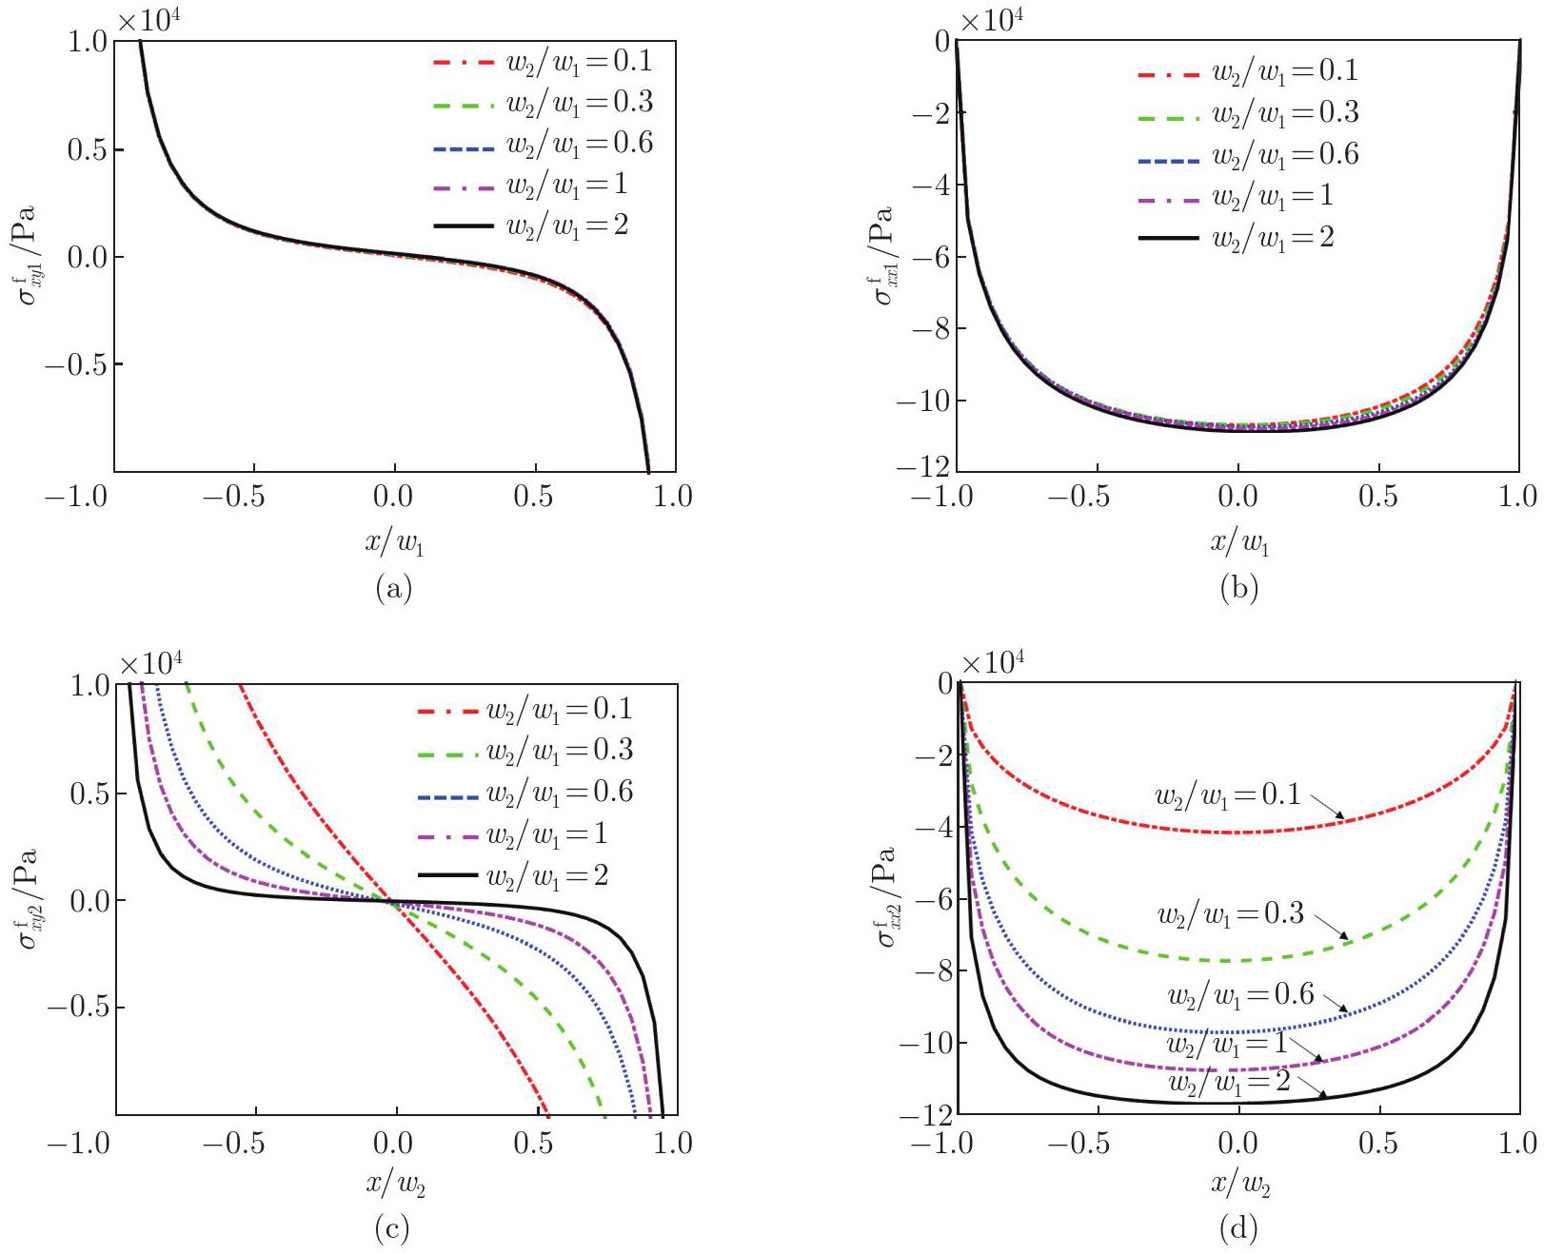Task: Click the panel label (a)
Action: [x=394, y=588]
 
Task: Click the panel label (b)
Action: [x=1238, y=588]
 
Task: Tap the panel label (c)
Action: [x=392, y=1229]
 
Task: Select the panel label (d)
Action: [x=1238, y=1229]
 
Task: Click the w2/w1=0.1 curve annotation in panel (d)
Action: [x=1227, y=795]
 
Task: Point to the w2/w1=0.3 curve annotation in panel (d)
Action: [x=1230, y=915]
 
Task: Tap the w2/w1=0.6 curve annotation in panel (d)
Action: [x=1240, y=996]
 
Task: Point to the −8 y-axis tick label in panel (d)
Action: [x=932, y=970]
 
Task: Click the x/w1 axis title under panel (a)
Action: [x=394, y=542]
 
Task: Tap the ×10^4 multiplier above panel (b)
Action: [x=991, y=20]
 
